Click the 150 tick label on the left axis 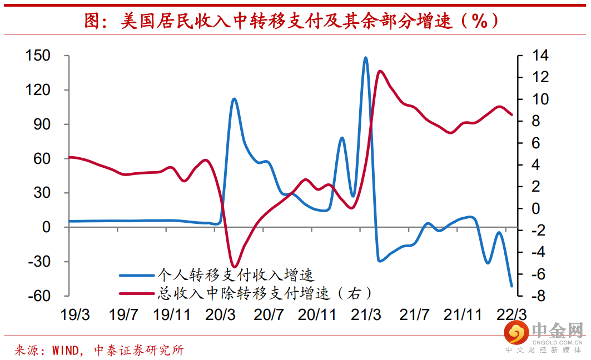click(38, 56)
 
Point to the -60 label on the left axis click(39, 296)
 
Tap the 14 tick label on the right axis click(540, 56)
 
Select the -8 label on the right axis click(538, 296)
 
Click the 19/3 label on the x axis click(75, 315)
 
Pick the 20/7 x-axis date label click(269, 315)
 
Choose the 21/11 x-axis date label click(463, 315)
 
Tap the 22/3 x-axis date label click(511, 315)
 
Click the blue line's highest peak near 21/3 click(365, 58)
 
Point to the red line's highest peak click(380, 71)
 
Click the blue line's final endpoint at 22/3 click(512, 287)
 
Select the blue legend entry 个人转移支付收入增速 click(216, 275)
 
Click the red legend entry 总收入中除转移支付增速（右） click(245, 293)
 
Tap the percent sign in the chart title click(479, 21)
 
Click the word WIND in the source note click(65, 351)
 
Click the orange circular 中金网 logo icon click(516, 333)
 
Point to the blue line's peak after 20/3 click(234, 99)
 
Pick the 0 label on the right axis click(535, 209)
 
